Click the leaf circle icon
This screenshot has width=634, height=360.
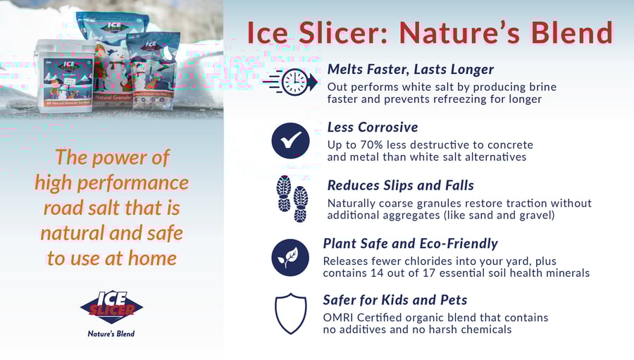pos(290,257)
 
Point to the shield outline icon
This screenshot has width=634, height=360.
pos(290,314)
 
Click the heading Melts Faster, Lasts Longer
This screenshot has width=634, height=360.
pos(411,69)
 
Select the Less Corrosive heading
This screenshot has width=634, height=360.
pos(373,128)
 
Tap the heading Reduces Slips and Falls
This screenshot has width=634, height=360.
pos(400,185)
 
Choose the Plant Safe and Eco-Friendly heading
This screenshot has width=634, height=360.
pos(410,244)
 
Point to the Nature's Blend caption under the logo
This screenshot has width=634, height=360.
pos(111,333)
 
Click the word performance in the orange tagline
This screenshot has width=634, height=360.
pos(146,183)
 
